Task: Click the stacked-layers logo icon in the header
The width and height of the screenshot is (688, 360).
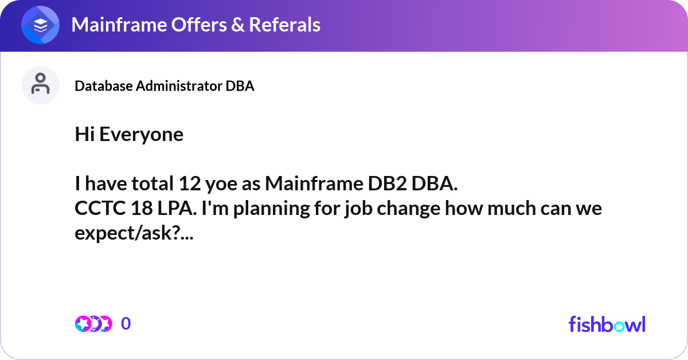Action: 41,25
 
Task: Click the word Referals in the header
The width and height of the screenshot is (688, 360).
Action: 283,25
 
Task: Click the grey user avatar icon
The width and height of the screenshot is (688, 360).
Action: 40,85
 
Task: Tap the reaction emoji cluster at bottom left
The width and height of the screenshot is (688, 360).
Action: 93,324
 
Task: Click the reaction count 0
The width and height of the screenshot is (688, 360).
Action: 126,324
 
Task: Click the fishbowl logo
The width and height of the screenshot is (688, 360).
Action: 607,324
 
